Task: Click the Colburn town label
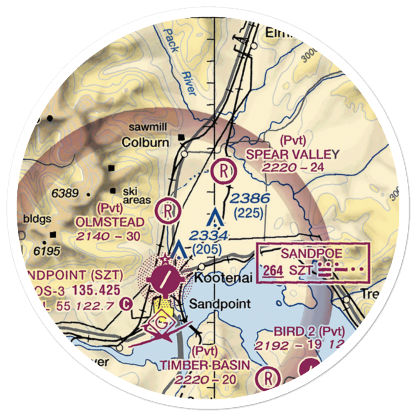(x=145, y=143)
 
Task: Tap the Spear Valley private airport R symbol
(x=223, y=171)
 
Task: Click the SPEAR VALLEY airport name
(x=292, y=155)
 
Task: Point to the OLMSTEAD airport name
(x=110, y=222)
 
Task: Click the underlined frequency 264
(x=273, y=270)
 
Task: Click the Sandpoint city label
(x=220, y=304)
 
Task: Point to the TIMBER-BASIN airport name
(x=206, y=366)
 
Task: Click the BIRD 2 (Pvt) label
(x=310, y=332)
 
